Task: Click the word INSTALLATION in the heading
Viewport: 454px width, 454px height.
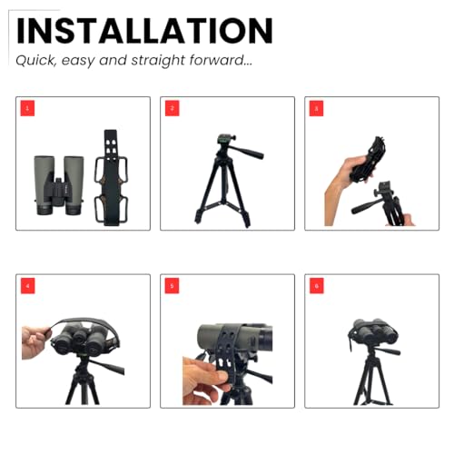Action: [x=144, y=31]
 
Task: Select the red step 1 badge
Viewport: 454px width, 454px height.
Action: [x=27, y=108]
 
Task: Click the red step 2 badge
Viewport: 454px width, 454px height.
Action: [x=173, y=108]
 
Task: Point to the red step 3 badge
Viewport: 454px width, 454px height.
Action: [x=316, y=108]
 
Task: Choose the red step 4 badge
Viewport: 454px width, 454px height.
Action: [x=28, y=286]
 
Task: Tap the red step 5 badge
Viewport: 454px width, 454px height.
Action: [x=172, y=286]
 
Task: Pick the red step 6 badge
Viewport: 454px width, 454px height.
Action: [x=317, y=286]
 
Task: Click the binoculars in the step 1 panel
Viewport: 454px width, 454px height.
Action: [x=59, y=185]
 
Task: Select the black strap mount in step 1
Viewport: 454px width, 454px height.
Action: [x=111, y=178]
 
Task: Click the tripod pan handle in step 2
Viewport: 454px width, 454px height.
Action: [x=248, y=152]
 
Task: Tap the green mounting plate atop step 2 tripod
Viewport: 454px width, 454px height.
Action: [x=224, y=140]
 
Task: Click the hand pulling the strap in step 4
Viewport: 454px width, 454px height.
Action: [x=36, y=342]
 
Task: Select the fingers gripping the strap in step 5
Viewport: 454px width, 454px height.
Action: [x=205, y=380]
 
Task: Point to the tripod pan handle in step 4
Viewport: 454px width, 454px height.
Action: [x=107, y=366]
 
